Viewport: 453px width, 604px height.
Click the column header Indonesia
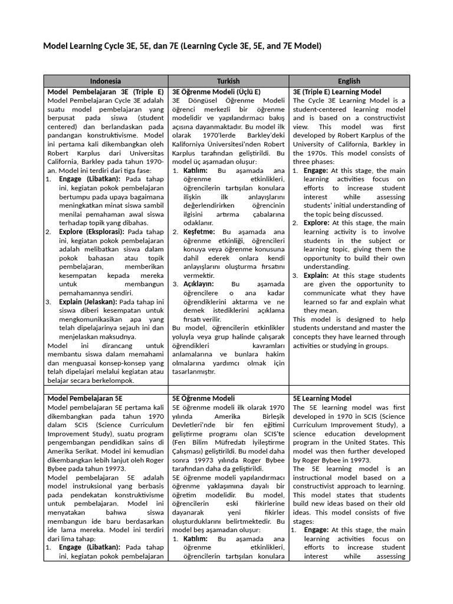tap(106, 81)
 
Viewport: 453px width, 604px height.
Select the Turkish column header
tap(229, 81)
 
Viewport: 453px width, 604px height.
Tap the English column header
tap(349, 81)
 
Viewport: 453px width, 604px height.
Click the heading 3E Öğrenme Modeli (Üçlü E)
tap(216, 92)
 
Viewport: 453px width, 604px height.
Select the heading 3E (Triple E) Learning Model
tap(337, 92)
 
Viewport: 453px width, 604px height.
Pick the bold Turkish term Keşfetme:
tap(201, 232)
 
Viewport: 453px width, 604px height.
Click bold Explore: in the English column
tap(317, 223)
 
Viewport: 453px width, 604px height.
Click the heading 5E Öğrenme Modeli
tap(203, 398)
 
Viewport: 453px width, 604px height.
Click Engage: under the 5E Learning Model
tap(316, 530)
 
